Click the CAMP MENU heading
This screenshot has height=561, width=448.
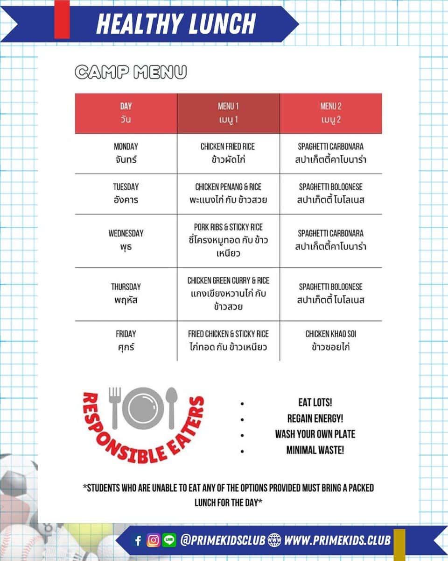[x=131, y=72]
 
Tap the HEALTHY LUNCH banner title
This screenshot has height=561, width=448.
[x=176, y=23]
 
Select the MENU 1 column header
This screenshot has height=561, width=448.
[x=228, y=113]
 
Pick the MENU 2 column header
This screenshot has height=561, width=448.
[x=330, y=113]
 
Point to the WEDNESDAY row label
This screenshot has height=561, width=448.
[x=126, y=240]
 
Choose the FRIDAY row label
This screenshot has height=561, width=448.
[x=126, y=340]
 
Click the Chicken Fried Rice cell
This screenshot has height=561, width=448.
[x=228, y=153]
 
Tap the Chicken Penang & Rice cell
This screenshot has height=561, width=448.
[x=228, y=194]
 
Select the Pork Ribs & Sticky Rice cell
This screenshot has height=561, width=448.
[x=228, y=240]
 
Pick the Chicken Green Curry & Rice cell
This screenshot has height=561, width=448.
[x=228, y=294]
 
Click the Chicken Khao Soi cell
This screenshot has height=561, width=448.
[x=330, y=340]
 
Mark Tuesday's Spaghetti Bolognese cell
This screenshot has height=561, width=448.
[x=330, y=194]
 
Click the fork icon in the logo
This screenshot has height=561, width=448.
[x=115, y=407]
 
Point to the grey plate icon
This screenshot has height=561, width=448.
[x=144, y=408]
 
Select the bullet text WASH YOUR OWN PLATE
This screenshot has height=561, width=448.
[x=315, y=434]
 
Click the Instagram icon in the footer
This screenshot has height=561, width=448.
[x=153, y=540]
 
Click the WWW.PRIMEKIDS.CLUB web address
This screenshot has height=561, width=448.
[x=337, y=540]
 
